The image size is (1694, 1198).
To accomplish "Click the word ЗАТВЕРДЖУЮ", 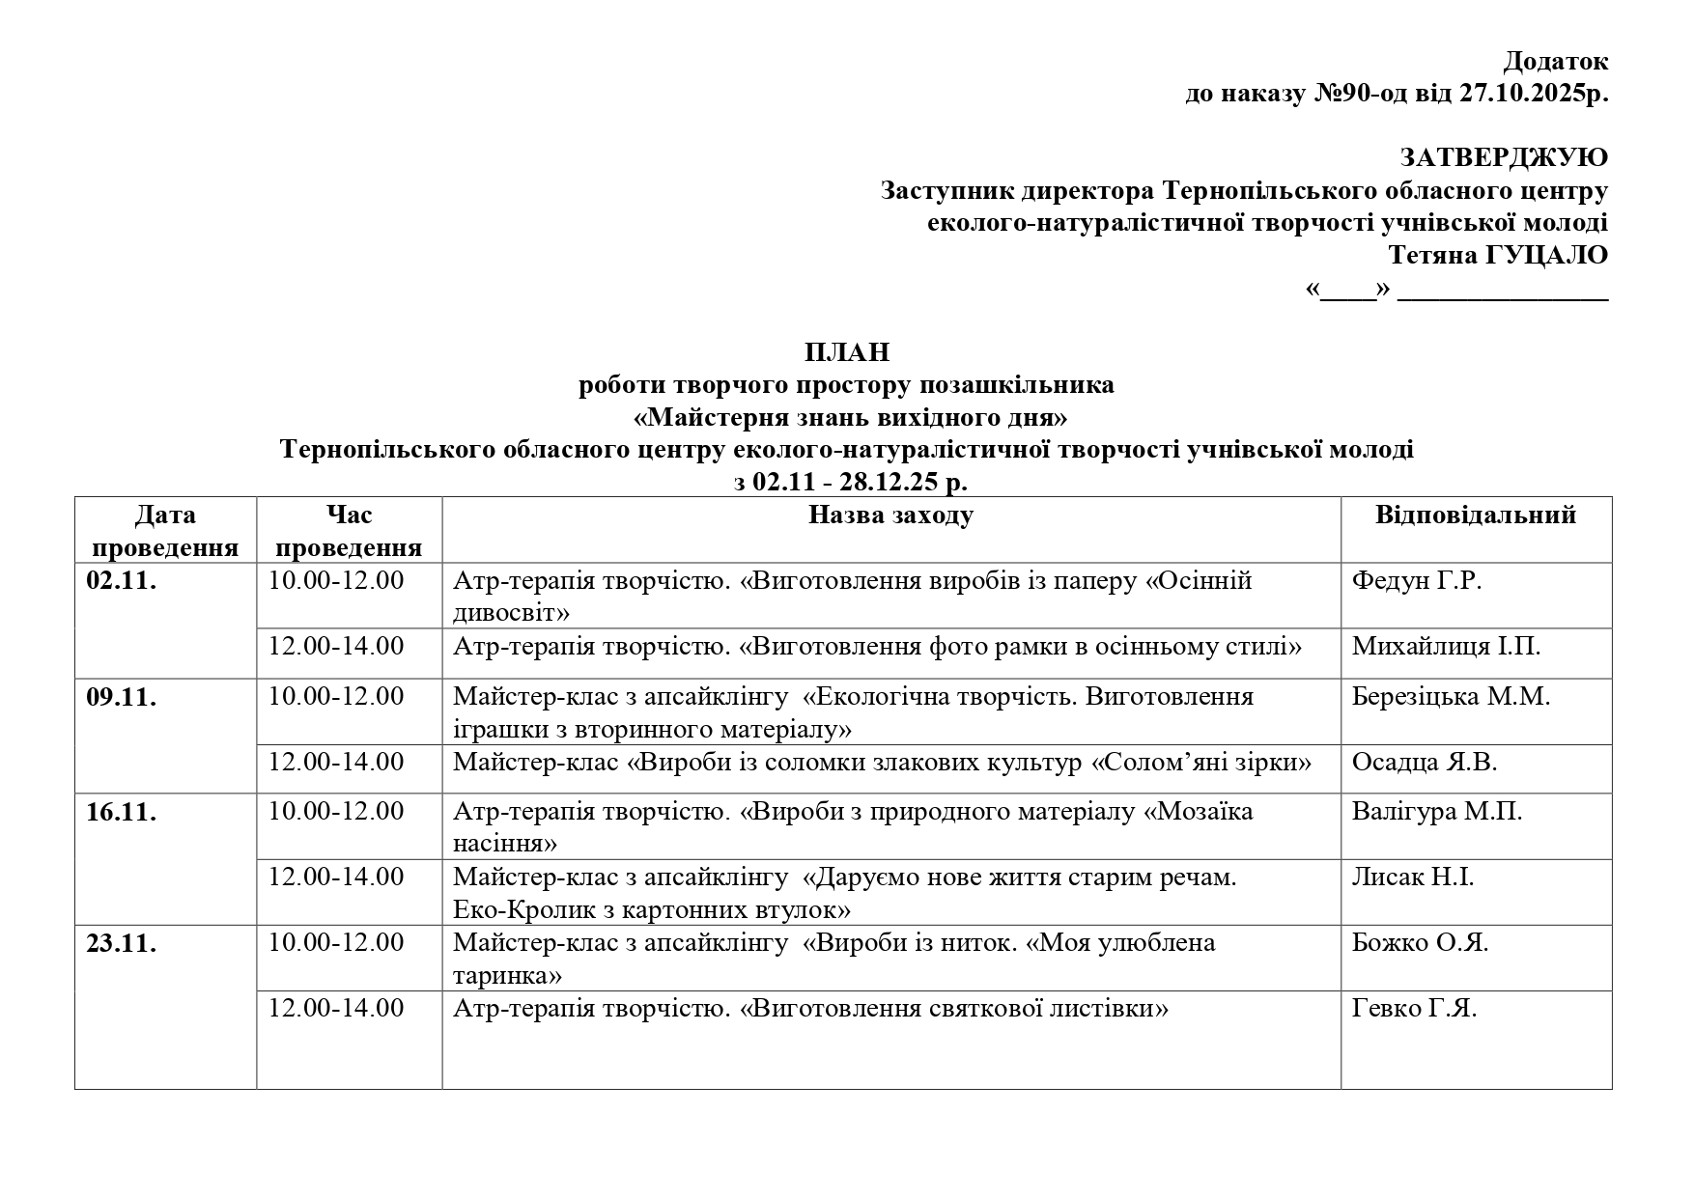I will click(x=1504, y=158).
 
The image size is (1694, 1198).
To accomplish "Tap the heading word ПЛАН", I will click(x=846, y=352).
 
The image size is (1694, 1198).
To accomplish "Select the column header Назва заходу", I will click(x=890, y=515).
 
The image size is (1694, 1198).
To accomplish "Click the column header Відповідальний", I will click(x=1475, y=515).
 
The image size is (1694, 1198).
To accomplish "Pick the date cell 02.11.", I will click(x=122, y=582).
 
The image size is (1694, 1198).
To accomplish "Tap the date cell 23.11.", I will click(x=122, y=944).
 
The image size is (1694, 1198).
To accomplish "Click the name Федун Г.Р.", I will click(x=1416, y=581).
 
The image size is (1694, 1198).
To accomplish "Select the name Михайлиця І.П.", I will click(x=1446, y=647).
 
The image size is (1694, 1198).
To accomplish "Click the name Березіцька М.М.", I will click(x=1451, y=697).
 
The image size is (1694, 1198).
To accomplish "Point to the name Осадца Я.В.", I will click(x=1424, y=763).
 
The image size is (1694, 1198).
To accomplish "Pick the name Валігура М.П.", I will click(x=1436, y=812).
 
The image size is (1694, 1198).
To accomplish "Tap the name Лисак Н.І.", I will click(x=1412, y=878).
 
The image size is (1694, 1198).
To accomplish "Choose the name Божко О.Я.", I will click(x=1420, y=943).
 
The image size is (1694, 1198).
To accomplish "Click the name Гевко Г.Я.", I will click(x=1414, y=1009).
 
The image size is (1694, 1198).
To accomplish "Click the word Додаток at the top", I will click(x=1555, y=62).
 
